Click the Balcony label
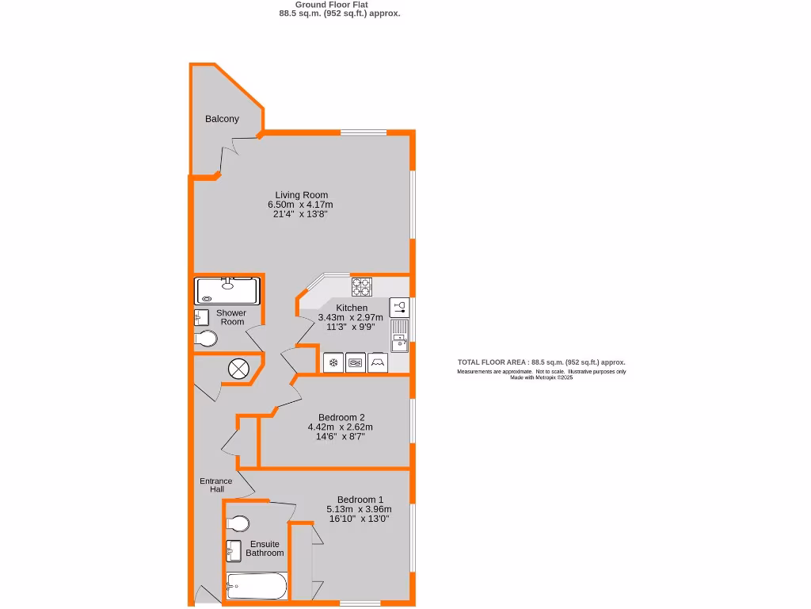[222, 119]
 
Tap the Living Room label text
[301, 195]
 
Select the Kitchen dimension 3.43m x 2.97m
[351, 317]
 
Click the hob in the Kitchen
[362, 285]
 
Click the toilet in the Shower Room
[206, 339]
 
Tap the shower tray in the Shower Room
[227, 291]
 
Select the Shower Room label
[231, 317]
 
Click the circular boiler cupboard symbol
[238, 368]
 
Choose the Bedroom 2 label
[341, 417]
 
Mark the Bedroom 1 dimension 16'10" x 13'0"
[360, 519]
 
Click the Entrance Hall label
[215, 485]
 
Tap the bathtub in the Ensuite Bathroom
[256, 588]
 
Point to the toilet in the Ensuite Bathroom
[238, 524]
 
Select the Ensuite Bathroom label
[265, 549]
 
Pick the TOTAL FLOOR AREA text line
[541, 362]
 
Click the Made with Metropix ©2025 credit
[541, 377]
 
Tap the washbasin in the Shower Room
[200, 317]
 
